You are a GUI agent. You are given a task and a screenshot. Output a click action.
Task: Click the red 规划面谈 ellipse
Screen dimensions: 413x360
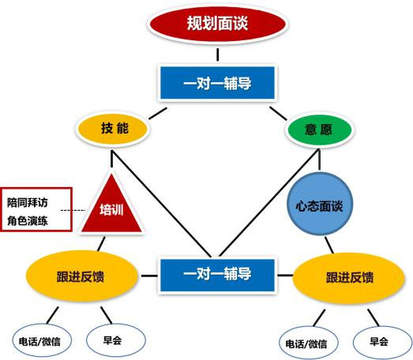click(x=217, y=24)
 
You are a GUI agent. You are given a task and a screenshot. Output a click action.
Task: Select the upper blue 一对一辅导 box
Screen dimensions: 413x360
click(x=218, y=83)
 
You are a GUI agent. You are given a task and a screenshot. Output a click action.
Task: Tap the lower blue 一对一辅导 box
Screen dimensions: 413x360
click(x=218, y=276)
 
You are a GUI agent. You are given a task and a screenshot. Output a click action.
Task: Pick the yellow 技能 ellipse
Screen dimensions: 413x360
click(x=113, y=129)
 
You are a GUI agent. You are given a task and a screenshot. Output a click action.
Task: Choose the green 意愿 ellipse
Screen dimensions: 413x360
click(x=320, y=129)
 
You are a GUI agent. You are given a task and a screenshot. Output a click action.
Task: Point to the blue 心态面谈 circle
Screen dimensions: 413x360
click(x=320, y=204)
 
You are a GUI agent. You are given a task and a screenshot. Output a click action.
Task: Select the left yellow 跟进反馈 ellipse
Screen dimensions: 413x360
click(x=81, y=276)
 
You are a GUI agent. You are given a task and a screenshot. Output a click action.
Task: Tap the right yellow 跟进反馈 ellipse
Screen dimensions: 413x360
click(x=349, y=278)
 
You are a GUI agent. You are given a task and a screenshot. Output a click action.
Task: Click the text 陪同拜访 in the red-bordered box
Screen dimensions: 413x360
click(x=28, y=203)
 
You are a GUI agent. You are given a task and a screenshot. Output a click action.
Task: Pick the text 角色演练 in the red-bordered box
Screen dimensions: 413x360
click(x=28, y=221)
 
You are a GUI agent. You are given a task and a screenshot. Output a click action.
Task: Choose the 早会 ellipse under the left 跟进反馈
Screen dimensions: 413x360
click(x=116, y=340)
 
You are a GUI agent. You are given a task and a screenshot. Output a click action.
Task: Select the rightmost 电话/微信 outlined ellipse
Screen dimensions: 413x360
click(x=309, y=343)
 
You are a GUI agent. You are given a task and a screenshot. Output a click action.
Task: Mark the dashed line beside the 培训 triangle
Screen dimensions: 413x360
click(x=73, y=210)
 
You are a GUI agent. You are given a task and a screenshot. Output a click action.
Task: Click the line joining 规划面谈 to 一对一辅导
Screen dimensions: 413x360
click(x=218, y=54)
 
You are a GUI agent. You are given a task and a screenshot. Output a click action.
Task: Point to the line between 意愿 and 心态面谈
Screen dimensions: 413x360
click(x=320, y=159)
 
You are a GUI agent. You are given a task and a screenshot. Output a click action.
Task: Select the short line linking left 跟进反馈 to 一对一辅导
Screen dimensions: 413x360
click(x=149, y=276)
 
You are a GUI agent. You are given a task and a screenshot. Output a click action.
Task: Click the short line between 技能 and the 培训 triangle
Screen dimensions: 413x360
click(x=111, y=159)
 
